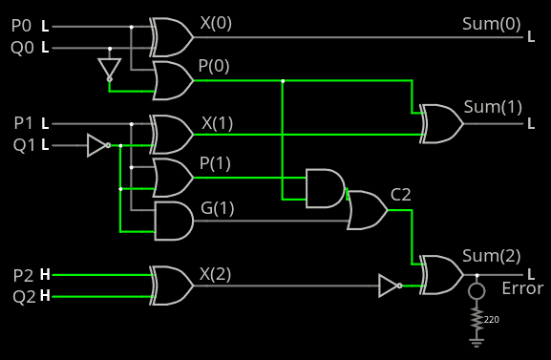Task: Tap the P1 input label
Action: click(x=23, y=123)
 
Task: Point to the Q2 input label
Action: click(x=23, y=296)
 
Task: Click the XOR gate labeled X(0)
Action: click(x=173, y=36)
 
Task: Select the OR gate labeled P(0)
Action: click(x=173, y=81)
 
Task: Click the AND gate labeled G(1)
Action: click(x=173, y=221)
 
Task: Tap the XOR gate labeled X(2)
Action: click(x=173, y=286)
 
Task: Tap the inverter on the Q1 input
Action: click(x=97, y=145)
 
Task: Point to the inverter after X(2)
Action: click(x=389, y=286)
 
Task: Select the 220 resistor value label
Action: click(x=492, y=319)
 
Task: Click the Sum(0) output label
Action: click(x=492, y=24)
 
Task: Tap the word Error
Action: click(x=522, y=288)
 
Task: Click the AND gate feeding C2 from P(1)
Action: click(x=326, y=188)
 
